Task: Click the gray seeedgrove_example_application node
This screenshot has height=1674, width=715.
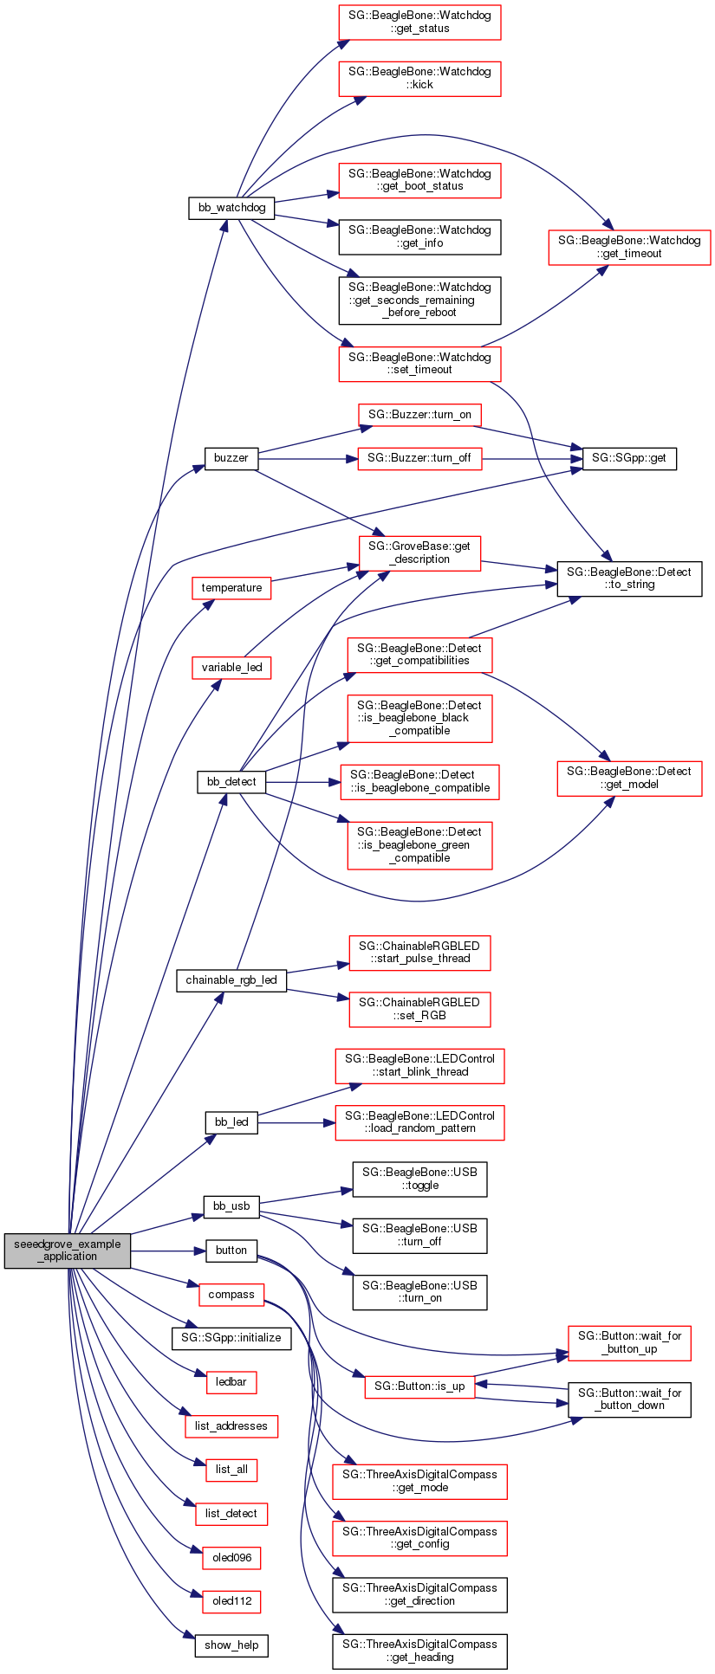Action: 68,1251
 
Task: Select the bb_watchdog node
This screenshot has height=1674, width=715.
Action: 231,208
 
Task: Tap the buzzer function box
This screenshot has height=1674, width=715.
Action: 231,457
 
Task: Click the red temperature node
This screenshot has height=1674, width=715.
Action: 231,588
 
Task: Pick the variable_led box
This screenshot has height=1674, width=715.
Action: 231,668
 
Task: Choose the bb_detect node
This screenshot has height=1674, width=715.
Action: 231,781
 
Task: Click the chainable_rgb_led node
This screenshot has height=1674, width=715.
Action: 231,980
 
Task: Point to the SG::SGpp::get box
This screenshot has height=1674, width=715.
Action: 629,458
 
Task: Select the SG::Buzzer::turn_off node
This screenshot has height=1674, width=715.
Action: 419,458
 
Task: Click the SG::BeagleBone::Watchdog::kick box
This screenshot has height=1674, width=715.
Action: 419,78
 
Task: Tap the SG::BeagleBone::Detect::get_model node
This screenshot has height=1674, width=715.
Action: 629,778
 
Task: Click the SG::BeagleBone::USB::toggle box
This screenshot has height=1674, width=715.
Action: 419,1179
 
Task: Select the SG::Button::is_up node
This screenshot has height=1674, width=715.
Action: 419,1386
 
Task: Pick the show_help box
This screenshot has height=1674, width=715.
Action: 231,1645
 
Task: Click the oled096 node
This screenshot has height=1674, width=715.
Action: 231,1558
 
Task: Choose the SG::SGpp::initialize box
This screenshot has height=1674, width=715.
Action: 231,1338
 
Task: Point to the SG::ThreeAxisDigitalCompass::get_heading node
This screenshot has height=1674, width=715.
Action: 419,1651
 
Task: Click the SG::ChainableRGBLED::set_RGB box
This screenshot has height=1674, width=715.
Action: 419,1009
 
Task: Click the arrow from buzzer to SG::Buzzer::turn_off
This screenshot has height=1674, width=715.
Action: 308,458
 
